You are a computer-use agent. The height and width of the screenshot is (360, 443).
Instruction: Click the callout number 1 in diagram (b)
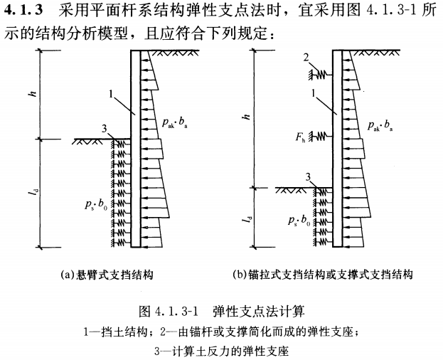point(314,92)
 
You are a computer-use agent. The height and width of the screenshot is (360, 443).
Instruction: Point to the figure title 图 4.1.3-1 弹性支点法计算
point(221,311)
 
